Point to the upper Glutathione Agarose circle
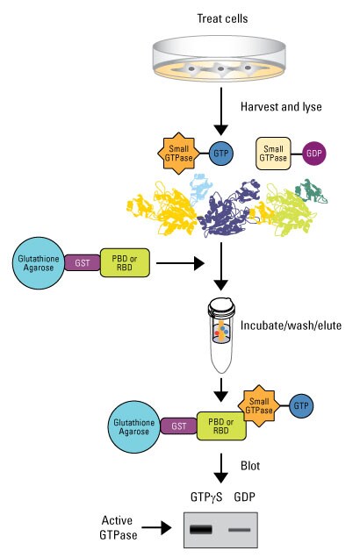(x=35, y=261)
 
